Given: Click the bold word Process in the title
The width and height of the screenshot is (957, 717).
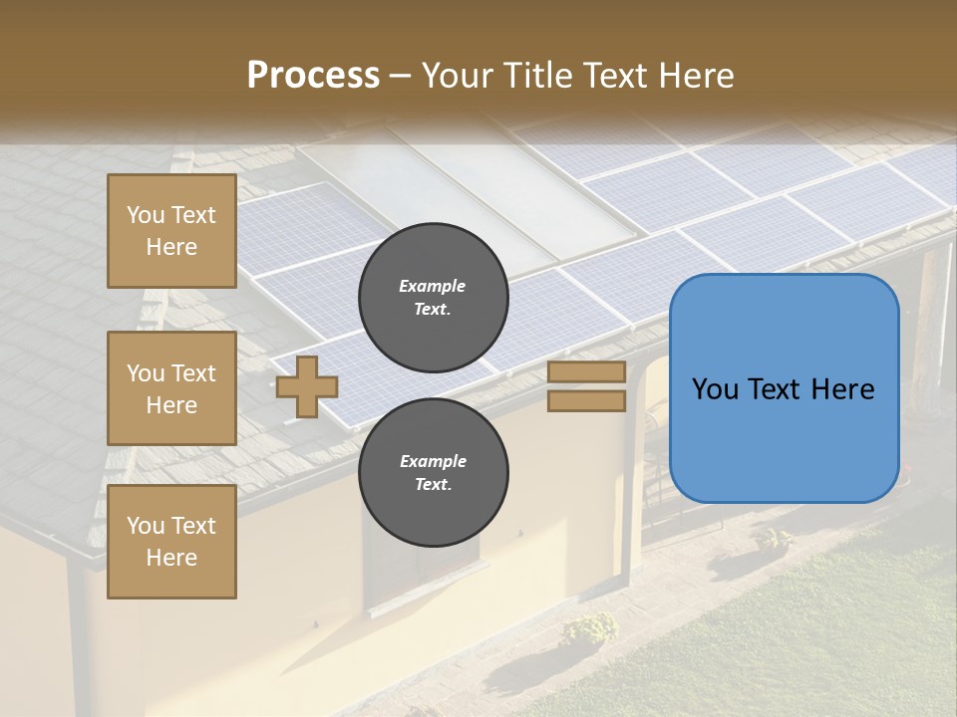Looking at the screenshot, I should pyautogui.click(x=313, y=75).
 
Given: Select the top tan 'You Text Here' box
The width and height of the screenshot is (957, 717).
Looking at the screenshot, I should pyautogui.click(x=171, y=231).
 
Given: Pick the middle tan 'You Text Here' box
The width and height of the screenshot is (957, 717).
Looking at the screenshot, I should pyautogui.click(x=171, y=388).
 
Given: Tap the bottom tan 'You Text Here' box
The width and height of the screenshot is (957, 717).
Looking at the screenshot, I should pyautogui.click(x=171, y=542).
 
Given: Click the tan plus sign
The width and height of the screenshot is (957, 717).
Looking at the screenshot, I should pyautogui.click(x=307, y=386).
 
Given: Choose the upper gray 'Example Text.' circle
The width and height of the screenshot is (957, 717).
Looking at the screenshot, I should pyautogui.click(x=433, y=297).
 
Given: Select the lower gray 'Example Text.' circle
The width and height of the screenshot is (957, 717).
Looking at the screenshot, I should pyautogui.click(x=433, y=472).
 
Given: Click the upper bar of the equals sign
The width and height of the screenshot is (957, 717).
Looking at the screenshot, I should pyautogui.click(x=586, y=372).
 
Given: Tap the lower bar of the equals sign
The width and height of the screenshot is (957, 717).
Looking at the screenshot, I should pyautogui.click(x=586, y=400).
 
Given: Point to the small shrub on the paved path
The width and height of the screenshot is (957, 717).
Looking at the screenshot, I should pyautogui.click(x=589, y=627).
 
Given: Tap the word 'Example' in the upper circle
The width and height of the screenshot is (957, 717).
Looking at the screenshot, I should pyautogui.click(x=433, y=286).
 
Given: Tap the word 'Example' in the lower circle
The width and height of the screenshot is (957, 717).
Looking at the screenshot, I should pyautogui.click(x=433, y=461).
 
